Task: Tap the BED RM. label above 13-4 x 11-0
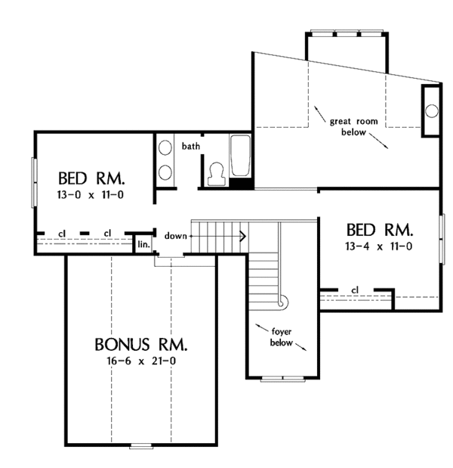click(x=379, y=230)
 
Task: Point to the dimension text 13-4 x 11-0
click(x=379, y=246)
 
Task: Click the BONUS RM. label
click(x=142, y=345)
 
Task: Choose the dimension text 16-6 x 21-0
click(x=142, y=362)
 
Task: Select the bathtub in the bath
click(x=240, y=157)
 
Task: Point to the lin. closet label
click(x=143, y=244)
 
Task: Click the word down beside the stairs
click(x=175, y=236)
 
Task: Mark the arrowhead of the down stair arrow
click(x=243, y=236)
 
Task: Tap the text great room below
click(x=348, y=126)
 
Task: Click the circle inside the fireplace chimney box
click(x=432, y=110)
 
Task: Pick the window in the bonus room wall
click(x=140, y=445)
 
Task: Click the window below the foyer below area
click(x=282, y=377)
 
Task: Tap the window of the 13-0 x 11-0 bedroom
click(x=32, y=181)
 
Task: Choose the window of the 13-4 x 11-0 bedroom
click(x=443, y=239)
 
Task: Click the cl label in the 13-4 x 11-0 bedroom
click(x=354, y=290)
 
